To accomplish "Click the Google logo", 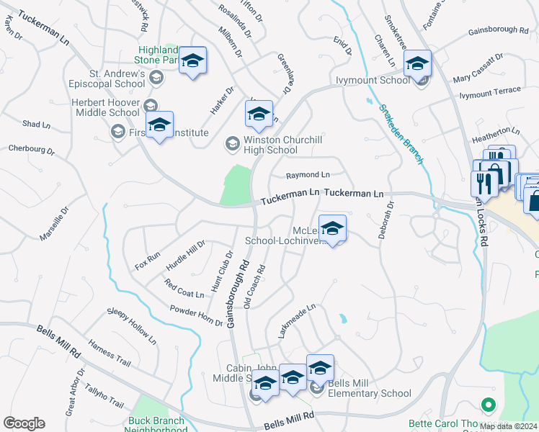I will tap(24, 423).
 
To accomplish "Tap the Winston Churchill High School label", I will tap(261, 145).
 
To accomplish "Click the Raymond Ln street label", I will tap(308, 175).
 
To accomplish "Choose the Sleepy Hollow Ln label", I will tap(131, 323).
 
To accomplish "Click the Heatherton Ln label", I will tap(495, 131).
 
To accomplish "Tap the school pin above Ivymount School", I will tap(417, 63).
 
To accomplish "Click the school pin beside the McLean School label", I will tap(332, 229).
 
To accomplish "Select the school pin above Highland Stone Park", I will tap(192, 60).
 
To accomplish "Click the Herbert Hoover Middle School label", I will tap(105, 107).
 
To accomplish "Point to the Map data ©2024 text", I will tap(509, 426).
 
